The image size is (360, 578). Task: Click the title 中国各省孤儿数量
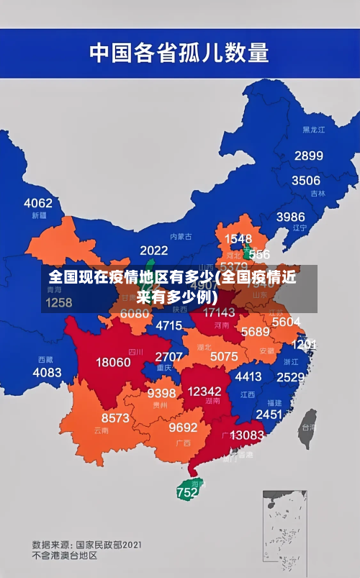click(179, 53)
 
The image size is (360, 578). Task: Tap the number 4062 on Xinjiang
click(38, 203)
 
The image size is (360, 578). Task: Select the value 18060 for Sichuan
click(113, 362)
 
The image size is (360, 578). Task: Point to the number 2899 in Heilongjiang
click(308, 155)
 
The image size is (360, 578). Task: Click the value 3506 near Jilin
click(305, 181)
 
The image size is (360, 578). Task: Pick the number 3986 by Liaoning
click(291, 217)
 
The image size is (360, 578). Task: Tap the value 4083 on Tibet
click(48, 372)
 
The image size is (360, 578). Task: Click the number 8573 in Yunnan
click(115, 417)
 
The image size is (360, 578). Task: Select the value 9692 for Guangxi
click(183, 428)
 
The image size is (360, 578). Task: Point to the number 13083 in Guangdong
click(247, 435)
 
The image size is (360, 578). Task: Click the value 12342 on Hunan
click(204, 391)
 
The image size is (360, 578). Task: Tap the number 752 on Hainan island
click(186, 493)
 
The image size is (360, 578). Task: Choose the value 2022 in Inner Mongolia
click(154, 250)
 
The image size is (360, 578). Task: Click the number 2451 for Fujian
click(269, 415)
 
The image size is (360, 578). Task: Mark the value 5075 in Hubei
click(224, 356)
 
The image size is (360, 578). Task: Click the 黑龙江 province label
click(314, 130)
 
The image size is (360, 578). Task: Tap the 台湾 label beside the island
click(307, 427)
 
